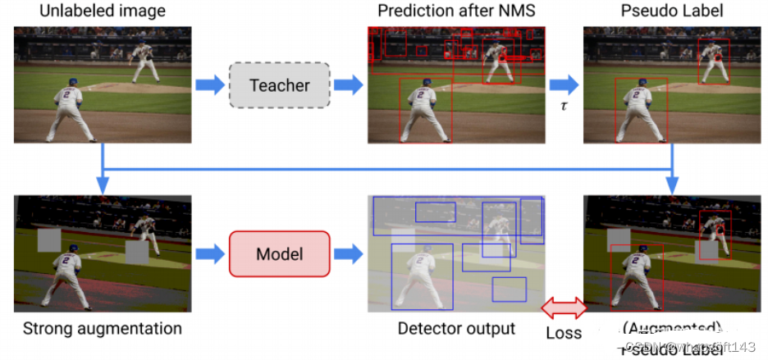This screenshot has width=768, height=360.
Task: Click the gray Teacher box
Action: tap(279, 85)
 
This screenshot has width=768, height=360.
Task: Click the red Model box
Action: tap(279, 253)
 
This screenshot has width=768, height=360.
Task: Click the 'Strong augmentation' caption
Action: tap(103, 329)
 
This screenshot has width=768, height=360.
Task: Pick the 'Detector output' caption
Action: tap(456, 329)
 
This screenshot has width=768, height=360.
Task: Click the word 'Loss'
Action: tap(564, 333)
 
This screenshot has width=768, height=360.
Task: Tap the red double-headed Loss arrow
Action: tap(565, 308)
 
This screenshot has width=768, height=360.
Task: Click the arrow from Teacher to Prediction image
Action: tap(348, 85)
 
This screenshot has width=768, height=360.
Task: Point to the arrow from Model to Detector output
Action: tap(348, 253)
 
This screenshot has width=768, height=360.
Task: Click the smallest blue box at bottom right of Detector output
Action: tap(509, 289)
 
